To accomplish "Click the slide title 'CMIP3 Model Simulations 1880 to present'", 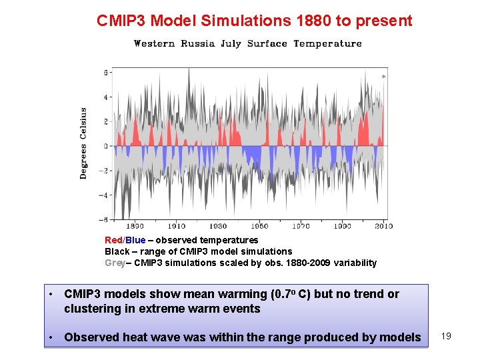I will (255, 21).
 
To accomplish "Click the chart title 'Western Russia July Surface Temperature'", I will (248, 43).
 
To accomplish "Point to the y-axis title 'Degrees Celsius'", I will (83, 143).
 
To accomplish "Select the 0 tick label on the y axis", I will (105, 146).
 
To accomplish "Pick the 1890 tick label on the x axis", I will (135, 227).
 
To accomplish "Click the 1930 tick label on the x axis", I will (218, 227).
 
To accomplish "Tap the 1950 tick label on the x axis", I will (260, 227).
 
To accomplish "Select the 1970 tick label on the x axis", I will (301, 227).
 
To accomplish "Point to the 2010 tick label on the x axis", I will (384, 227).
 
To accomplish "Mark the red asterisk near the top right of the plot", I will (383, 77).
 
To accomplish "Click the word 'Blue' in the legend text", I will (135, 240).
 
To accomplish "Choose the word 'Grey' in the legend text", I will (115, 263).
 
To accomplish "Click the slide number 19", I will (446, 336).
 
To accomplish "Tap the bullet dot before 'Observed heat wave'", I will (51, 337).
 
